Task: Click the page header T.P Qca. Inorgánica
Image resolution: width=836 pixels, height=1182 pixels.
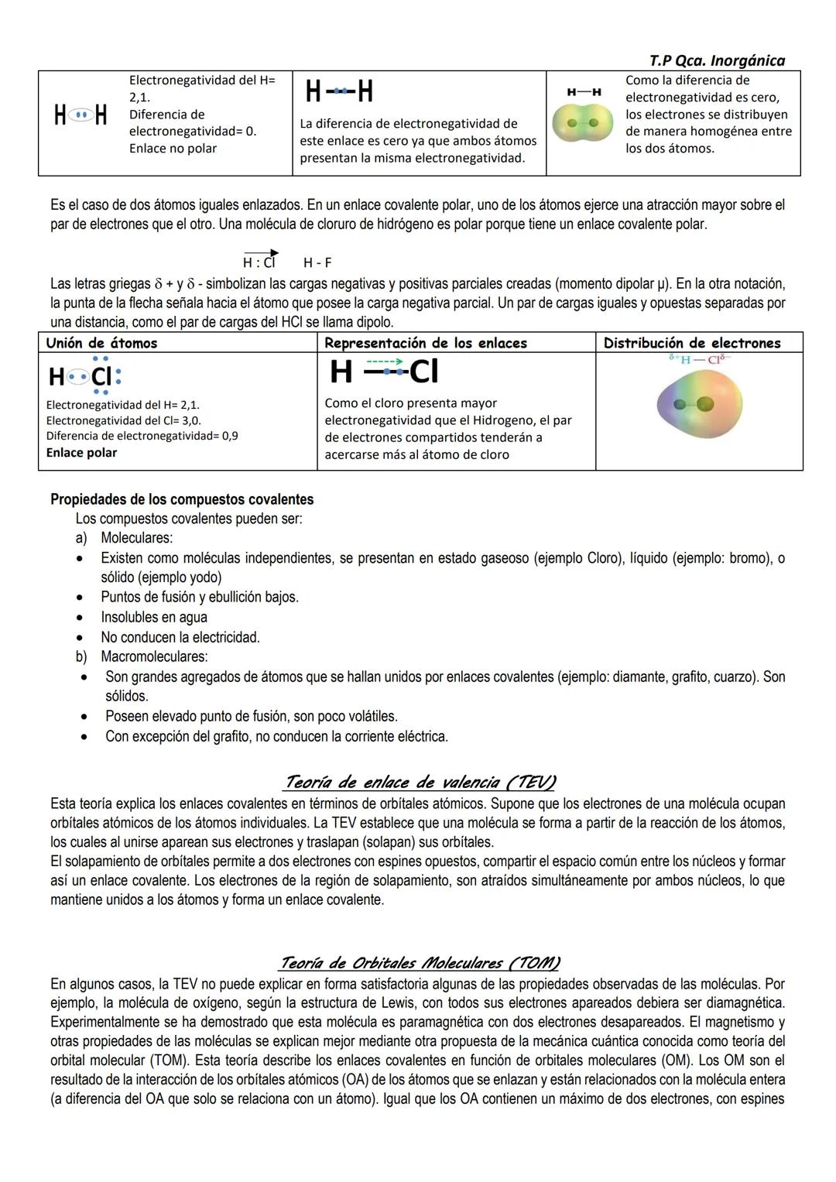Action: (x=716, y=60)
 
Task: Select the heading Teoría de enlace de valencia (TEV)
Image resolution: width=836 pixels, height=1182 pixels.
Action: (x=420, y=782)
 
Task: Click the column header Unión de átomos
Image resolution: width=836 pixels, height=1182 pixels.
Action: (x=101, y=343)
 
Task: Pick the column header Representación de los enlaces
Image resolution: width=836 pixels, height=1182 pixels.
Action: (x=425, y=343)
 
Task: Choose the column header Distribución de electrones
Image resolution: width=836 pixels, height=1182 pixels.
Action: (x=691, y=343)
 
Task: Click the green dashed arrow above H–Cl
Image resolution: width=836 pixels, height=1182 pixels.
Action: (x=384, y=361)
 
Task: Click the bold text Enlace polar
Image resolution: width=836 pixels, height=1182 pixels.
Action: (x=81, y=453)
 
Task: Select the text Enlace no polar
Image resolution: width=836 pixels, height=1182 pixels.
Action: (x=173, y=149)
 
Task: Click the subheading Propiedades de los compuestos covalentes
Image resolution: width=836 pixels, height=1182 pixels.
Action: (x=182, y=499)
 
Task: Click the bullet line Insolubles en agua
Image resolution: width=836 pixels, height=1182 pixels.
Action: (x=154, y=617)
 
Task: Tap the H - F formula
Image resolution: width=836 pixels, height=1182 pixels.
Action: (x=317, y=263)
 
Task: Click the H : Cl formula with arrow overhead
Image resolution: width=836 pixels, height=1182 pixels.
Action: (x=260, y=262)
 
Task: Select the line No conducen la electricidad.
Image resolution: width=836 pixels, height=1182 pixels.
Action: (x=180, y=637)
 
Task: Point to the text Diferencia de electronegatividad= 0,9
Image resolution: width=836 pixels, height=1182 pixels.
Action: (x=142, y=437)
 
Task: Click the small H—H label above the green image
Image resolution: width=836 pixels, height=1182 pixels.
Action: (x=584, y=92)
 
